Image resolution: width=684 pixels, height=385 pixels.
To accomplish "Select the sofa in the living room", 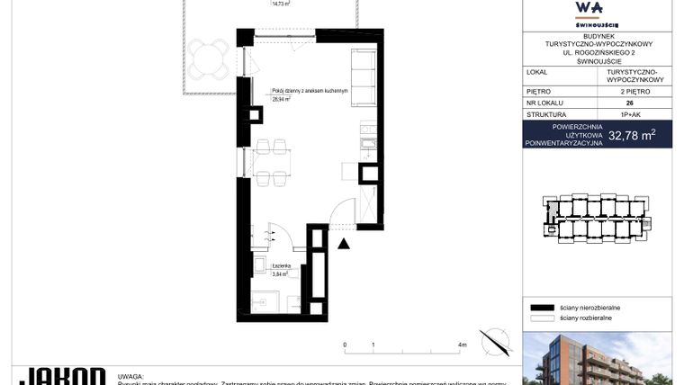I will click(362, 76).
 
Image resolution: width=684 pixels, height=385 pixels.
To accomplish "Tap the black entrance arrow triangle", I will click(343, 243).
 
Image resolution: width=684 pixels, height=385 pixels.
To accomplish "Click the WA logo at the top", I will click(597, 10).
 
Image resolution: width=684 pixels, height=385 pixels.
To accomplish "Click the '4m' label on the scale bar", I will click(463, 345).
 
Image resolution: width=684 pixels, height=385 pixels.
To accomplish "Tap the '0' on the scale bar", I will click(345, 345).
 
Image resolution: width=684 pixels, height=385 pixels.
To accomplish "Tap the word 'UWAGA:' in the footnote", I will click(131, 375).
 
